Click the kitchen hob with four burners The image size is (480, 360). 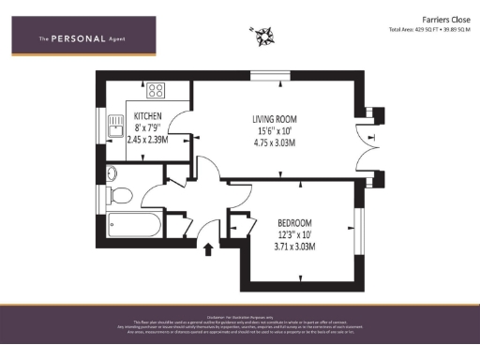click(155, 92)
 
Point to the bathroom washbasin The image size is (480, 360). click(112, 172)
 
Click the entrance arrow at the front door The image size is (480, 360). click(207, 247)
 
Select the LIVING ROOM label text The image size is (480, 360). click(275, 119)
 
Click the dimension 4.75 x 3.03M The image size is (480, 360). click(275, 143)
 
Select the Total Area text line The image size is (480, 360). click(427, 29)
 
